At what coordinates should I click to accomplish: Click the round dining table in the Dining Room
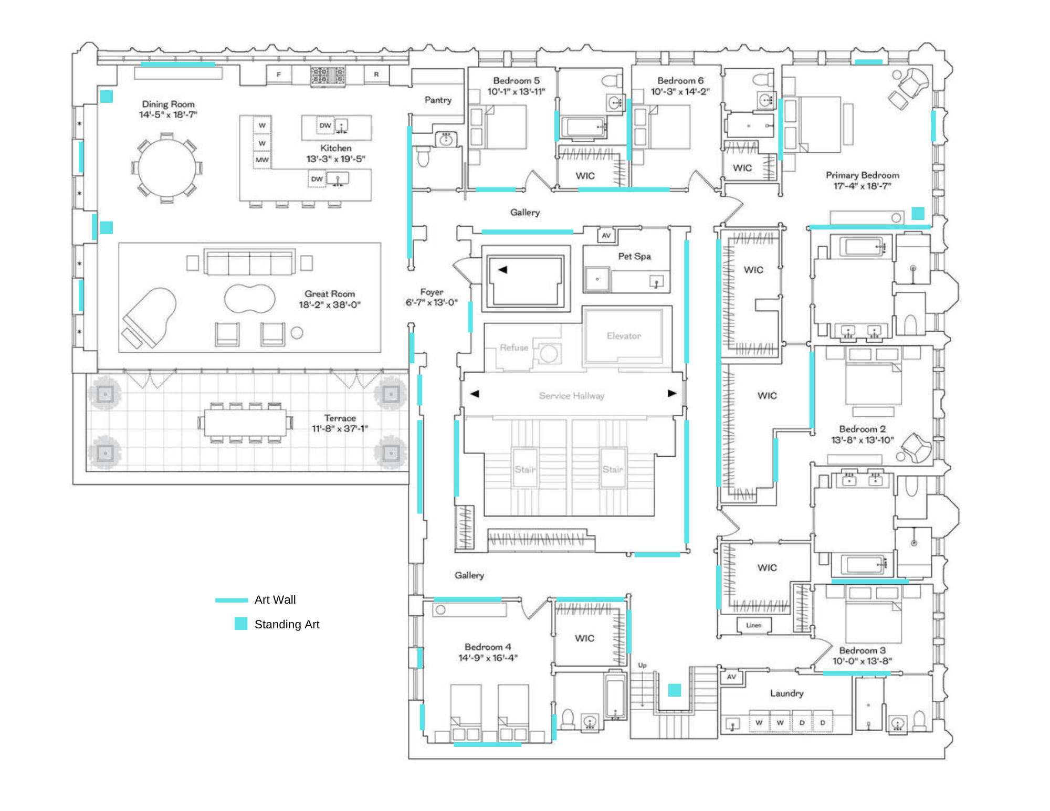167,168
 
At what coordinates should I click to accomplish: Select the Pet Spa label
634,256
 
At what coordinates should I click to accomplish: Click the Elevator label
624,336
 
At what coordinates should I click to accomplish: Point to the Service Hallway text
571,396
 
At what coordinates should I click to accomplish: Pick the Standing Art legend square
241,624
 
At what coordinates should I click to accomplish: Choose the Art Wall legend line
232,600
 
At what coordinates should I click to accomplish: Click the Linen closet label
753,625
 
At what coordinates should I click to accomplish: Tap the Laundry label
786,693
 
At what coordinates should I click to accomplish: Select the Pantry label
438,100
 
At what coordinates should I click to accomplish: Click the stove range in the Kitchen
328,76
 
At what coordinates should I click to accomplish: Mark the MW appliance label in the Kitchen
262,160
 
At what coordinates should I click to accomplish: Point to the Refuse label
514,347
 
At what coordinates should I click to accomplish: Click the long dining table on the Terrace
245,423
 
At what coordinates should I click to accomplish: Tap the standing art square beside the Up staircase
675,690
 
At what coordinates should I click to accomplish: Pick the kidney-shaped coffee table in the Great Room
249,298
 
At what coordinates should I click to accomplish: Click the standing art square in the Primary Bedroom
918,213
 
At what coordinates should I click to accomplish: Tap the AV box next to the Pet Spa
606,235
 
